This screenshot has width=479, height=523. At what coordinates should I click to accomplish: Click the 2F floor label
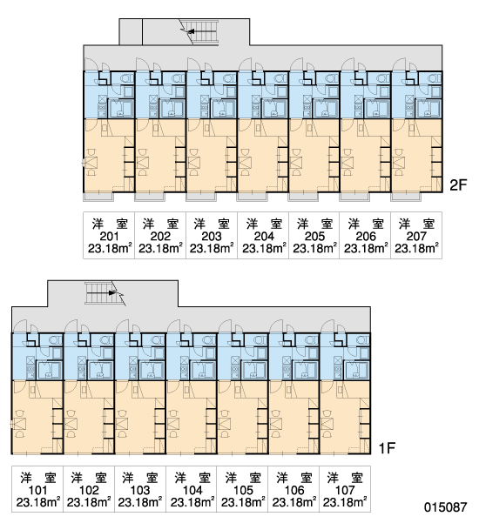458,184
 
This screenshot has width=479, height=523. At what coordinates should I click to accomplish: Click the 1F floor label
387,447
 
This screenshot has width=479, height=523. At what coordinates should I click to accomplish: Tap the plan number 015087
446,507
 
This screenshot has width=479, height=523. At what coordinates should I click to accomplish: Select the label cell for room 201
109,236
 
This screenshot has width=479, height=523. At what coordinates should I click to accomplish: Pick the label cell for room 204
263,236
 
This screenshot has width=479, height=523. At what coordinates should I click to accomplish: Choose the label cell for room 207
416,236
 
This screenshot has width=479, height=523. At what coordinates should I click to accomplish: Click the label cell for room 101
37,489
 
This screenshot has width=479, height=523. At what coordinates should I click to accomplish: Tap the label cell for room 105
242,489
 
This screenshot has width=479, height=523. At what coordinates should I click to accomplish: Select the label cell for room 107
345,489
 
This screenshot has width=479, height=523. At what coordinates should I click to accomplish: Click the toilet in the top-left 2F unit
126,78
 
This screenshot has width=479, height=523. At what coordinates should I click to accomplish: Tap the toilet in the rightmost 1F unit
362,340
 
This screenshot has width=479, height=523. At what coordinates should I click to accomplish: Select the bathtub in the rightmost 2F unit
429,109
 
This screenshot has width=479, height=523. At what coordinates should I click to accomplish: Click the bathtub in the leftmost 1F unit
50,371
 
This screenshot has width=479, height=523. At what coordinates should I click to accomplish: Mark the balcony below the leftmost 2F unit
98,197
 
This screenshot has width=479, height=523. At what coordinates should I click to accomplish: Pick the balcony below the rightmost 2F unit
406,197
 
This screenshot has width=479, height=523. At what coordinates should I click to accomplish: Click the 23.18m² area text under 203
212,249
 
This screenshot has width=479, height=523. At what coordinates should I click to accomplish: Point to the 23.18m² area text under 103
140,502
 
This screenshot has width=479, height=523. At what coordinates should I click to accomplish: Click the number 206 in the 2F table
366,236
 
